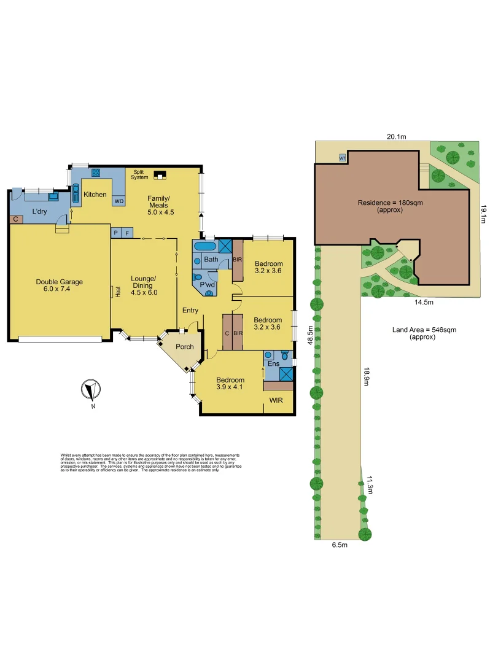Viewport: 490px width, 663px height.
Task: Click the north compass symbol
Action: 91,390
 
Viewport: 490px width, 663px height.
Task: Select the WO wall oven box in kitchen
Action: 119,200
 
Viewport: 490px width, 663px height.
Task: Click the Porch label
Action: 185,347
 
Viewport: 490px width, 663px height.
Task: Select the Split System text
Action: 140,175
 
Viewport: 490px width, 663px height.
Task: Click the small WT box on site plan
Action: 342,158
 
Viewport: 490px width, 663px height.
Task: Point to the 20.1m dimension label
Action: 396,136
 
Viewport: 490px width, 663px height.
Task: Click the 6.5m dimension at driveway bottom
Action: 340,545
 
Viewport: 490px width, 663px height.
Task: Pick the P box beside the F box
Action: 115,233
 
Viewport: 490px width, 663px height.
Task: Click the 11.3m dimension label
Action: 370,485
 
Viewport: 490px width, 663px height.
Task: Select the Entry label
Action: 190,311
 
